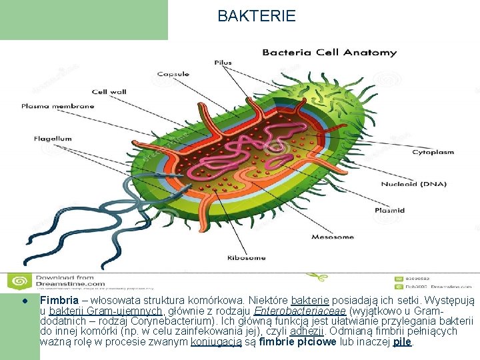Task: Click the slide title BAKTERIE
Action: (257, 16)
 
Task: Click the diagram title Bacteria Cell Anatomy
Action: (329, 53)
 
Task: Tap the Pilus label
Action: (223, 63)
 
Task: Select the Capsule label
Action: (173, 74)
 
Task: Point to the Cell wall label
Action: (109, 92)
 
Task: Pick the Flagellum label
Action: (53, 139)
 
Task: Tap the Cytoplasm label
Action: (433, 152)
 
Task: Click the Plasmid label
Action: (389, 211)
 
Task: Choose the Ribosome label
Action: (246, 258)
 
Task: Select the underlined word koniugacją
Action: (213, 341)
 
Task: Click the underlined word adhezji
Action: (307, 331)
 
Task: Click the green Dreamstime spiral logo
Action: (19, 281)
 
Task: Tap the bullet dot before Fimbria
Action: (24, 301)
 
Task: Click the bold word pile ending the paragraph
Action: (403, 341)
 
